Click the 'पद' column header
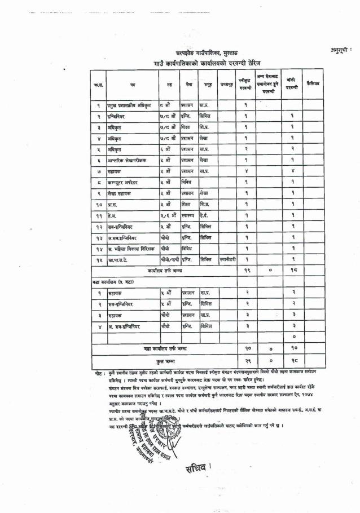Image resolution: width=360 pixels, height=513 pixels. pos(132,85)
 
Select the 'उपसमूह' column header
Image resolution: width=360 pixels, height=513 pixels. pos(227,85)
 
